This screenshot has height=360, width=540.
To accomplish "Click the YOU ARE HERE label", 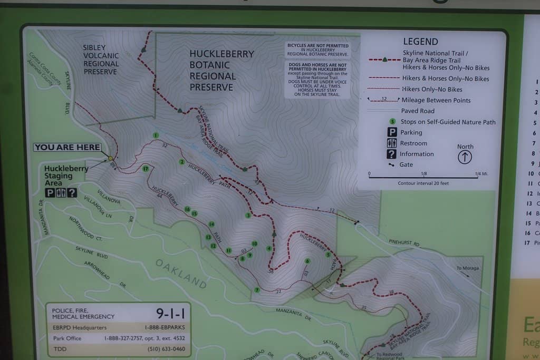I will [x=67, y=148].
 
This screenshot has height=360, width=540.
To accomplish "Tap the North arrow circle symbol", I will [x=465, y=157].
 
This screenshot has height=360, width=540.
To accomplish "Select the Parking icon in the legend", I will [x=392, y=133].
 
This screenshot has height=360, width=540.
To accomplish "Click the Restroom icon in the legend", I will [x=392, y=143].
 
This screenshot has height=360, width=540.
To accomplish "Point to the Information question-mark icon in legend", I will [x=392, y=154].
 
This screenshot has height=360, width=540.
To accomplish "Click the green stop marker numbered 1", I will [x=156, y=135].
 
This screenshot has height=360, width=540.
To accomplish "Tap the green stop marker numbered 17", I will [x=146, y=169].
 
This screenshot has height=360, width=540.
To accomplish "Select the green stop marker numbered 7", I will [x=257, y=290].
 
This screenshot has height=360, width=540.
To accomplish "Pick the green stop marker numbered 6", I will [x=307, y=261].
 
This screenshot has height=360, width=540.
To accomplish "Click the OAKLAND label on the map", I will [x=181, y=274].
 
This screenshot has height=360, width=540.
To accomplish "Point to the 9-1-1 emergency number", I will [x=170, y=314].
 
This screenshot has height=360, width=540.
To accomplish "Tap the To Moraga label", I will [x=467, y=268].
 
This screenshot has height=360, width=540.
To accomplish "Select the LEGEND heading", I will [x=420, y=42].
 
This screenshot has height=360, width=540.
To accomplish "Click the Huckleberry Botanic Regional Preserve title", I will [x=221, y=70].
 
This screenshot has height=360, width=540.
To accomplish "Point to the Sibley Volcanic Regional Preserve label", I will [x=101, y=60].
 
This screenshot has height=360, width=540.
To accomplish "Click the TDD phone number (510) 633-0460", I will [x=166, y=349].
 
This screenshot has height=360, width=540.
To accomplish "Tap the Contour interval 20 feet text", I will [x=423, y=183].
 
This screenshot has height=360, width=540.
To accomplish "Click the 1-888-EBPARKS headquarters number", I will [x=166, y=328].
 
